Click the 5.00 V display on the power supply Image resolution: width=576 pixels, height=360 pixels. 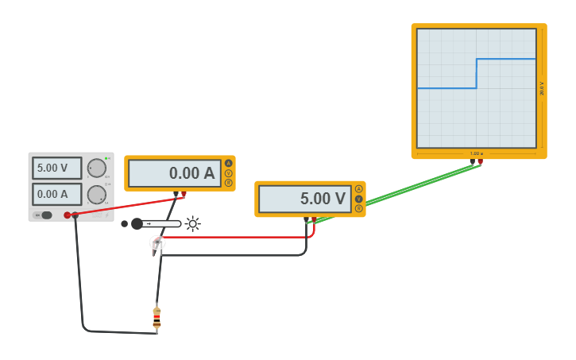point(56,168)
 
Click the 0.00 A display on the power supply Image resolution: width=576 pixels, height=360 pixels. point(56,194)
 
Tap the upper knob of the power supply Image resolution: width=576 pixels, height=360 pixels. point(96,168)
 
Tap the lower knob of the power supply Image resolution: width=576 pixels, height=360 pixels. point(96,195)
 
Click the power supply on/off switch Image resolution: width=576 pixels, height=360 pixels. point(45,215)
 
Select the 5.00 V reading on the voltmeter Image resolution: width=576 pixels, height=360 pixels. point(305,199)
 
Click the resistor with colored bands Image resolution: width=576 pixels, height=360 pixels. point(157,318)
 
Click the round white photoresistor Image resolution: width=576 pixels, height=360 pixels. point(157,242)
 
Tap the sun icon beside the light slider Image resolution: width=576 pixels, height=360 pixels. point(192,224)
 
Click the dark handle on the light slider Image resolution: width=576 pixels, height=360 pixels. point(137,224)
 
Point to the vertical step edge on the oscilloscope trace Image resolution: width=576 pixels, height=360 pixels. point(477,73)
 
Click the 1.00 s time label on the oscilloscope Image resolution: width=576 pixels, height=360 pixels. point(477,153)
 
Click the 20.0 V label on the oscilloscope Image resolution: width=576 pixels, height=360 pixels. point(542,87)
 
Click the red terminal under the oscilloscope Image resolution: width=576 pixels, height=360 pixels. point(480,161)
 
